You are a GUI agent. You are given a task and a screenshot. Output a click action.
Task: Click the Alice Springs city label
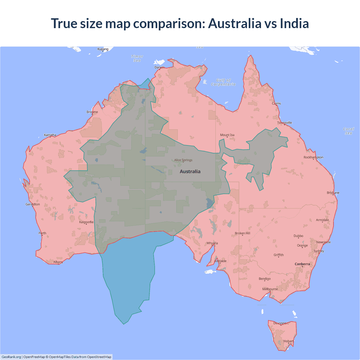(183, 160)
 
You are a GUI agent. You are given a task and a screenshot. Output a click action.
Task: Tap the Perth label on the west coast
(42, 233)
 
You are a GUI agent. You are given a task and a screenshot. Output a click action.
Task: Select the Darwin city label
(159, 67)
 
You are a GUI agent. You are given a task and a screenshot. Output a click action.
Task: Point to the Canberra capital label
(302, 264)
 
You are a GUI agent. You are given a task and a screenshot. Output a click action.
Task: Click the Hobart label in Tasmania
(289, 341)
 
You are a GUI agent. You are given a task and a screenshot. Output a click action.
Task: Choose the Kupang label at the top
(103, 49)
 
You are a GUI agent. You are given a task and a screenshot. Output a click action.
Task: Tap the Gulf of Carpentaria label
(223, 82)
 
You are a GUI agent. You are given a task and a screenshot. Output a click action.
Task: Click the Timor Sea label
(137, 58)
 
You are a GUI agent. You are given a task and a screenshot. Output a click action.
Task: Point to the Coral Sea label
(348, 131)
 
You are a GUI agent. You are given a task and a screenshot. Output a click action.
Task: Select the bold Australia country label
(190, 172)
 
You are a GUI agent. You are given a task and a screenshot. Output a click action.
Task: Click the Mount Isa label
(227, 135)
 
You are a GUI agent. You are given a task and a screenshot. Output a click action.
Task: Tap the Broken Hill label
(242, 233)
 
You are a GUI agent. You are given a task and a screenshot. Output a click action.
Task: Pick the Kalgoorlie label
(86, 222)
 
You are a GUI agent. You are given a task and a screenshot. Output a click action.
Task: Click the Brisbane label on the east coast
(333, 193)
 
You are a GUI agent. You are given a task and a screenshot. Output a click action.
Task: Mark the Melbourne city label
(270, 289)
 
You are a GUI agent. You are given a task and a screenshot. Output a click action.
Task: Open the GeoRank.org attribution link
(11, 357)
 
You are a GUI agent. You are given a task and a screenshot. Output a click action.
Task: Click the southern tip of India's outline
(124, 324)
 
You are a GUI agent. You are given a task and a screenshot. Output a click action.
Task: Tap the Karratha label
(50, 135)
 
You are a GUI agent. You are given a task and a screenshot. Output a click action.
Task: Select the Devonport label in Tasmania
(281, 323)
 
